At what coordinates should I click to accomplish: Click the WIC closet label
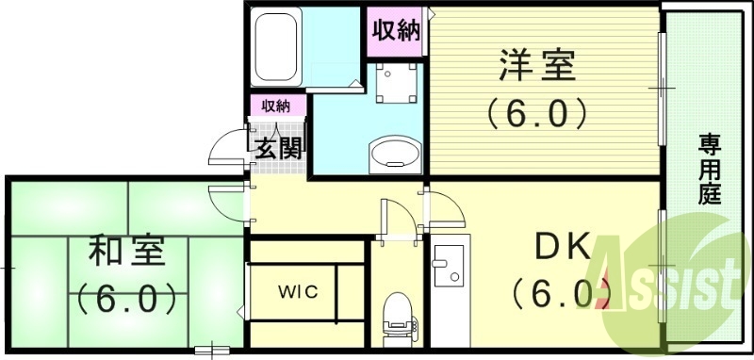click(x=297, y=290)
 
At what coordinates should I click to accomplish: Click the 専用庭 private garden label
click(x=709, y=170)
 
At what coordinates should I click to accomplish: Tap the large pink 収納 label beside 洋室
click(x=395, y=31)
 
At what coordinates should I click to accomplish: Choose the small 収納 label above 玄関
click(x=275, y=105)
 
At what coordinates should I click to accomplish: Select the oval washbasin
click(x=396, y=153)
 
